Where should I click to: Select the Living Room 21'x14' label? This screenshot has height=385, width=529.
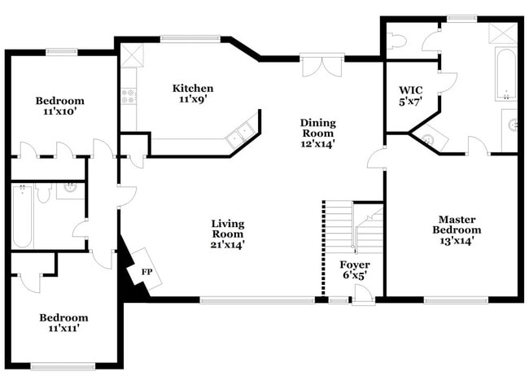click(228, 234)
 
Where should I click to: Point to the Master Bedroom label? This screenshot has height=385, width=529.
click(457, 230)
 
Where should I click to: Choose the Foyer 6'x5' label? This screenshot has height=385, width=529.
click(354, 270)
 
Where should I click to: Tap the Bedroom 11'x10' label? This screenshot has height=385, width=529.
click(59, 107)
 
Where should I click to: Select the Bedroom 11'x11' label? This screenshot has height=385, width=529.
click(63, 324)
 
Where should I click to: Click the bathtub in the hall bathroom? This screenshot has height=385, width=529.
click(22, 217)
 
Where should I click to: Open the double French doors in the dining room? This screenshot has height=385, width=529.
click(318, 65)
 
